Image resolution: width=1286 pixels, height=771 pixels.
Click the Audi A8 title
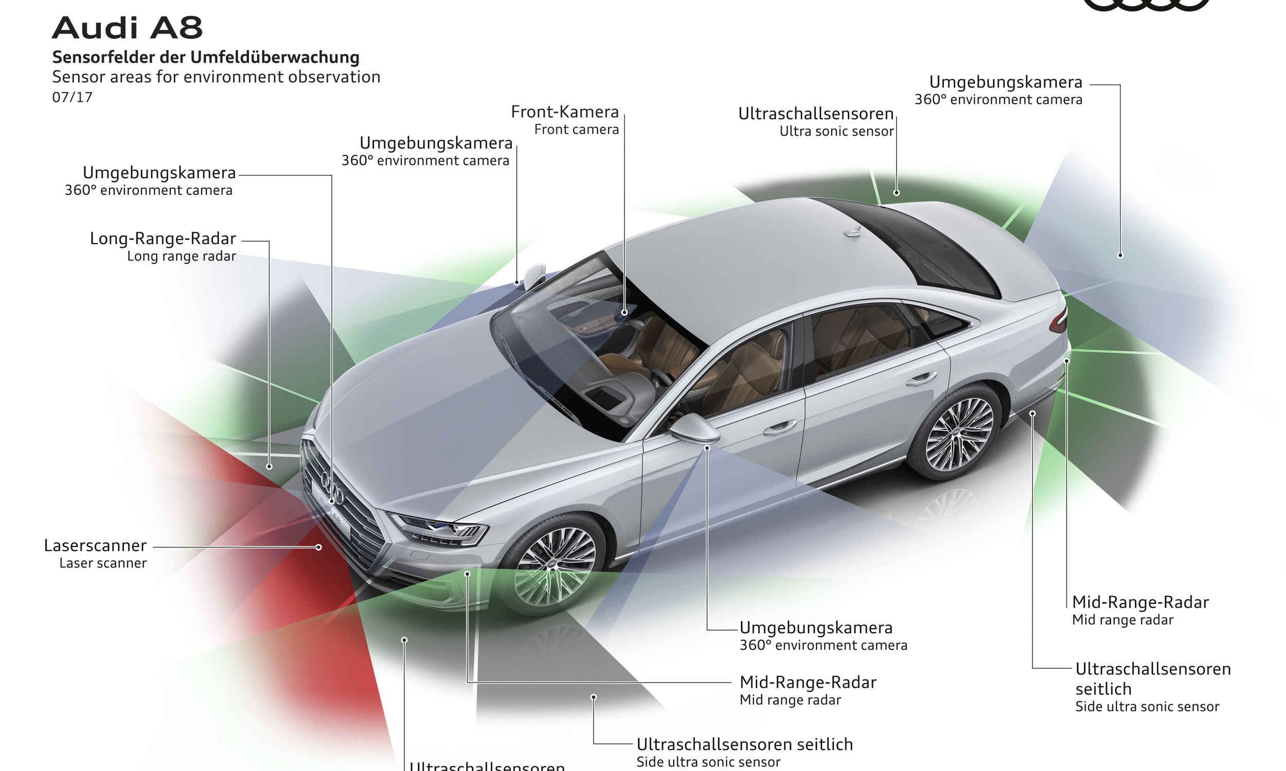point(128,28)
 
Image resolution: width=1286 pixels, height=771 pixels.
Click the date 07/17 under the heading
point(72,98)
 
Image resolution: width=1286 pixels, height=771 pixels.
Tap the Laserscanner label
point(95,545)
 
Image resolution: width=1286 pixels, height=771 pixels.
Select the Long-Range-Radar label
point(163,238)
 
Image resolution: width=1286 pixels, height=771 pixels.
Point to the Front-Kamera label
point(564,112)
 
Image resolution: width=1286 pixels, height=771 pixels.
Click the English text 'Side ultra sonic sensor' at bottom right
point(1147,707)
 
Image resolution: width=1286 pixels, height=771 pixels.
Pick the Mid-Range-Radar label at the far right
point(1140,602)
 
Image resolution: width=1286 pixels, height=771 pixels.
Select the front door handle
point(779,427)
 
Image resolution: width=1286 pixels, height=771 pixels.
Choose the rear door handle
point(921,379)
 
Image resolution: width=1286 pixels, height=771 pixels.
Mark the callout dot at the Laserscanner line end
point(318,547)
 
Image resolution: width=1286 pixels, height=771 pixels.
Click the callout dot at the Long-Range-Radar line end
point(269,467)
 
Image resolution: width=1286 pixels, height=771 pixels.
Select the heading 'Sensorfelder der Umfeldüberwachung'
point(206,57)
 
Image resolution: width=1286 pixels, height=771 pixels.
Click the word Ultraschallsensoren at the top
point(815,114)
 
